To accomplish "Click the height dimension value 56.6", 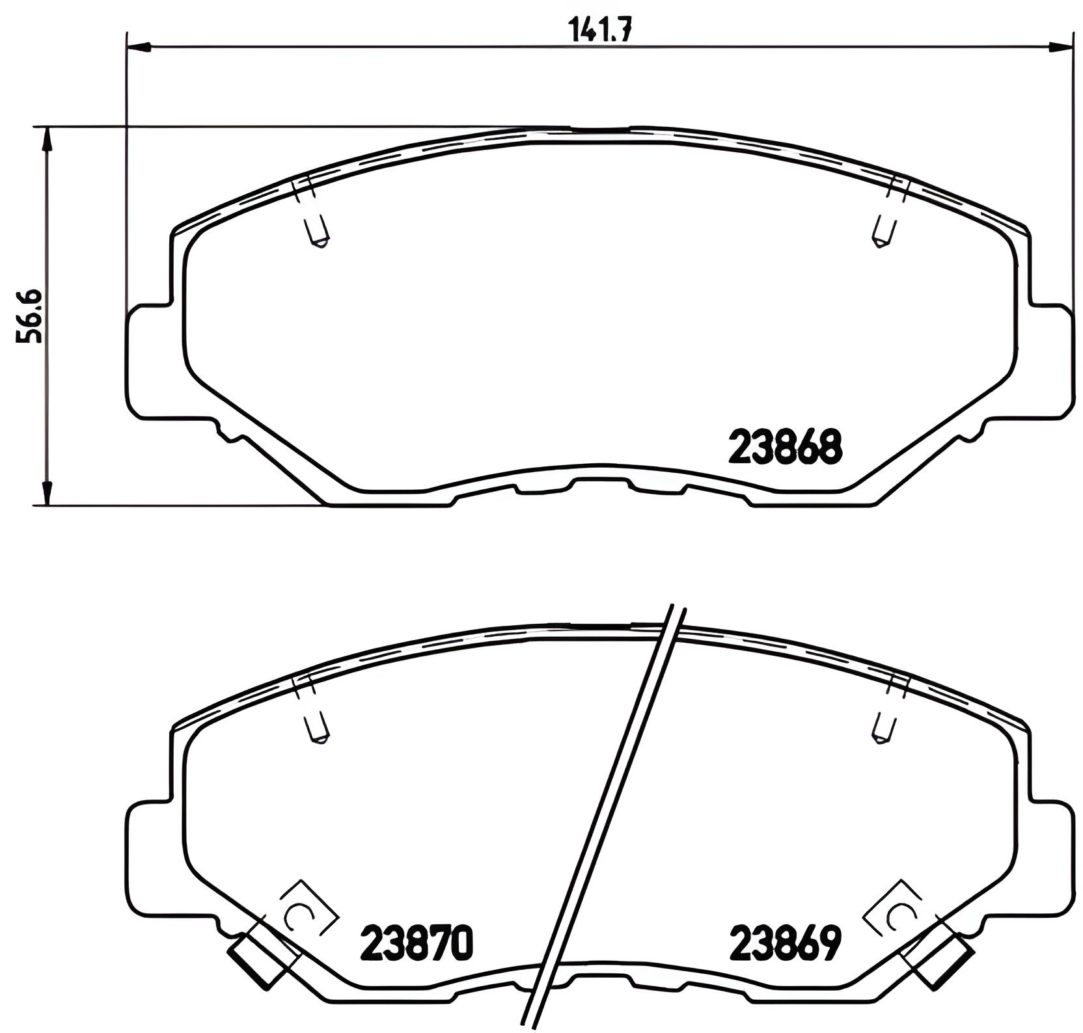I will point(30,316).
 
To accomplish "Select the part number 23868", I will point(786,447).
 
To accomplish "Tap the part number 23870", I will point(417,943).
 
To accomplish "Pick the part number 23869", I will point(786,943).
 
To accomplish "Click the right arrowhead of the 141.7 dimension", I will point(1060,46).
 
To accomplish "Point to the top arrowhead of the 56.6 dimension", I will point(46,138).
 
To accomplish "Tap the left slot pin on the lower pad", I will point(317,729).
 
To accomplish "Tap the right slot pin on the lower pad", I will point(883,729).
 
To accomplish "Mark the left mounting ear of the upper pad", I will point(147,361).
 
